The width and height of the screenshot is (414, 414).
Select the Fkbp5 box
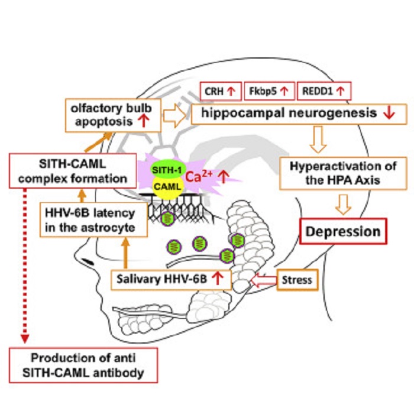(x=269, y=91)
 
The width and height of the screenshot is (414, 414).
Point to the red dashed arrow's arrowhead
(x=24, y=338)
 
